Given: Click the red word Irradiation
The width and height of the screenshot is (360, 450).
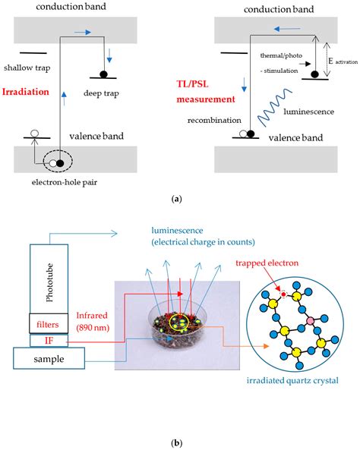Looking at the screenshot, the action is click(x=26, y=92).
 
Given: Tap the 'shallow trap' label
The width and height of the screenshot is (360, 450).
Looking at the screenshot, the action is click(x=27, y=68).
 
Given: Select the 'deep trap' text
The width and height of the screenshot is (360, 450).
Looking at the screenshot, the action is click(x=101, y=93).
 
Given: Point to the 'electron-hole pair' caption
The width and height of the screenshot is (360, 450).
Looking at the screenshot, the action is click(x=65, y=182).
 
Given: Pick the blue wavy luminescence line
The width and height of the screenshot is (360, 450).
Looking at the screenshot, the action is click(x=274, y=108).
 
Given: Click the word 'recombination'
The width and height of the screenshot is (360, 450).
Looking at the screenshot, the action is click(x=214, y=120).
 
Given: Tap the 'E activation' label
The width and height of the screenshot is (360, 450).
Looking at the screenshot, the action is click(x=343, y=61).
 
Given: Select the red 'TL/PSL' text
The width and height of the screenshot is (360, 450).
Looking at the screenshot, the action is click(x=192, y=84).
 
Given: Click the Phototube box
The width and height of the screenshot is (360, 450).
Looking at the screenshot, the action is click(x=49, y=278).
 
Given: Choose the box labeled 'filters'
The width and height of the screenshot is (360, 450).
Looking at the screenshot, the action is click(x=49, y=323).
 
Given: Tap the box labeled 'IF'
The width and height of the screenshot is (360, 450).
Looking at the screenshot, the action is click(x=49, y=341).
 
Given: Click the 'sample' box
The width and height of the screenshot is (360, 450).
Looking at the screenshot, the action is click(x=49, y=358).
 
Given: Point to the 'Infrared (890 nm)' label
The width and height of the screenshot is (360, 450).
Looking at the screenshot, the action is click(x=93, y=322).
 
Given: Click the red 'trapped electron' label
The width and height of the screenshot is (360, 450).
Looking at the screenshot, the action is click(x=267, y=263).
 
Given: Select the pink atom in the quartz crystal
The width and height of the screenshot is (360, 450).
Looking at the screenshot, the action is click(x=310, y=321).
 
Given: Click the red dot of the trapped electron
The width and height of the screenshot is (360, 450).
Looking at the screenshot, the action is click(x=284, y=294).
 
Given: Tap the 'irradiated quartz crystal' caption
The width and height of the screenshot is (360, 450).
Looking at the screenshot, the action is click(x=292, y=380).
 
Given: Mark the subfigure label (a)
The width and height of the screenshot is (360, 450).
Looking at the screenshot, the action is click(x=176, y=199).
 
